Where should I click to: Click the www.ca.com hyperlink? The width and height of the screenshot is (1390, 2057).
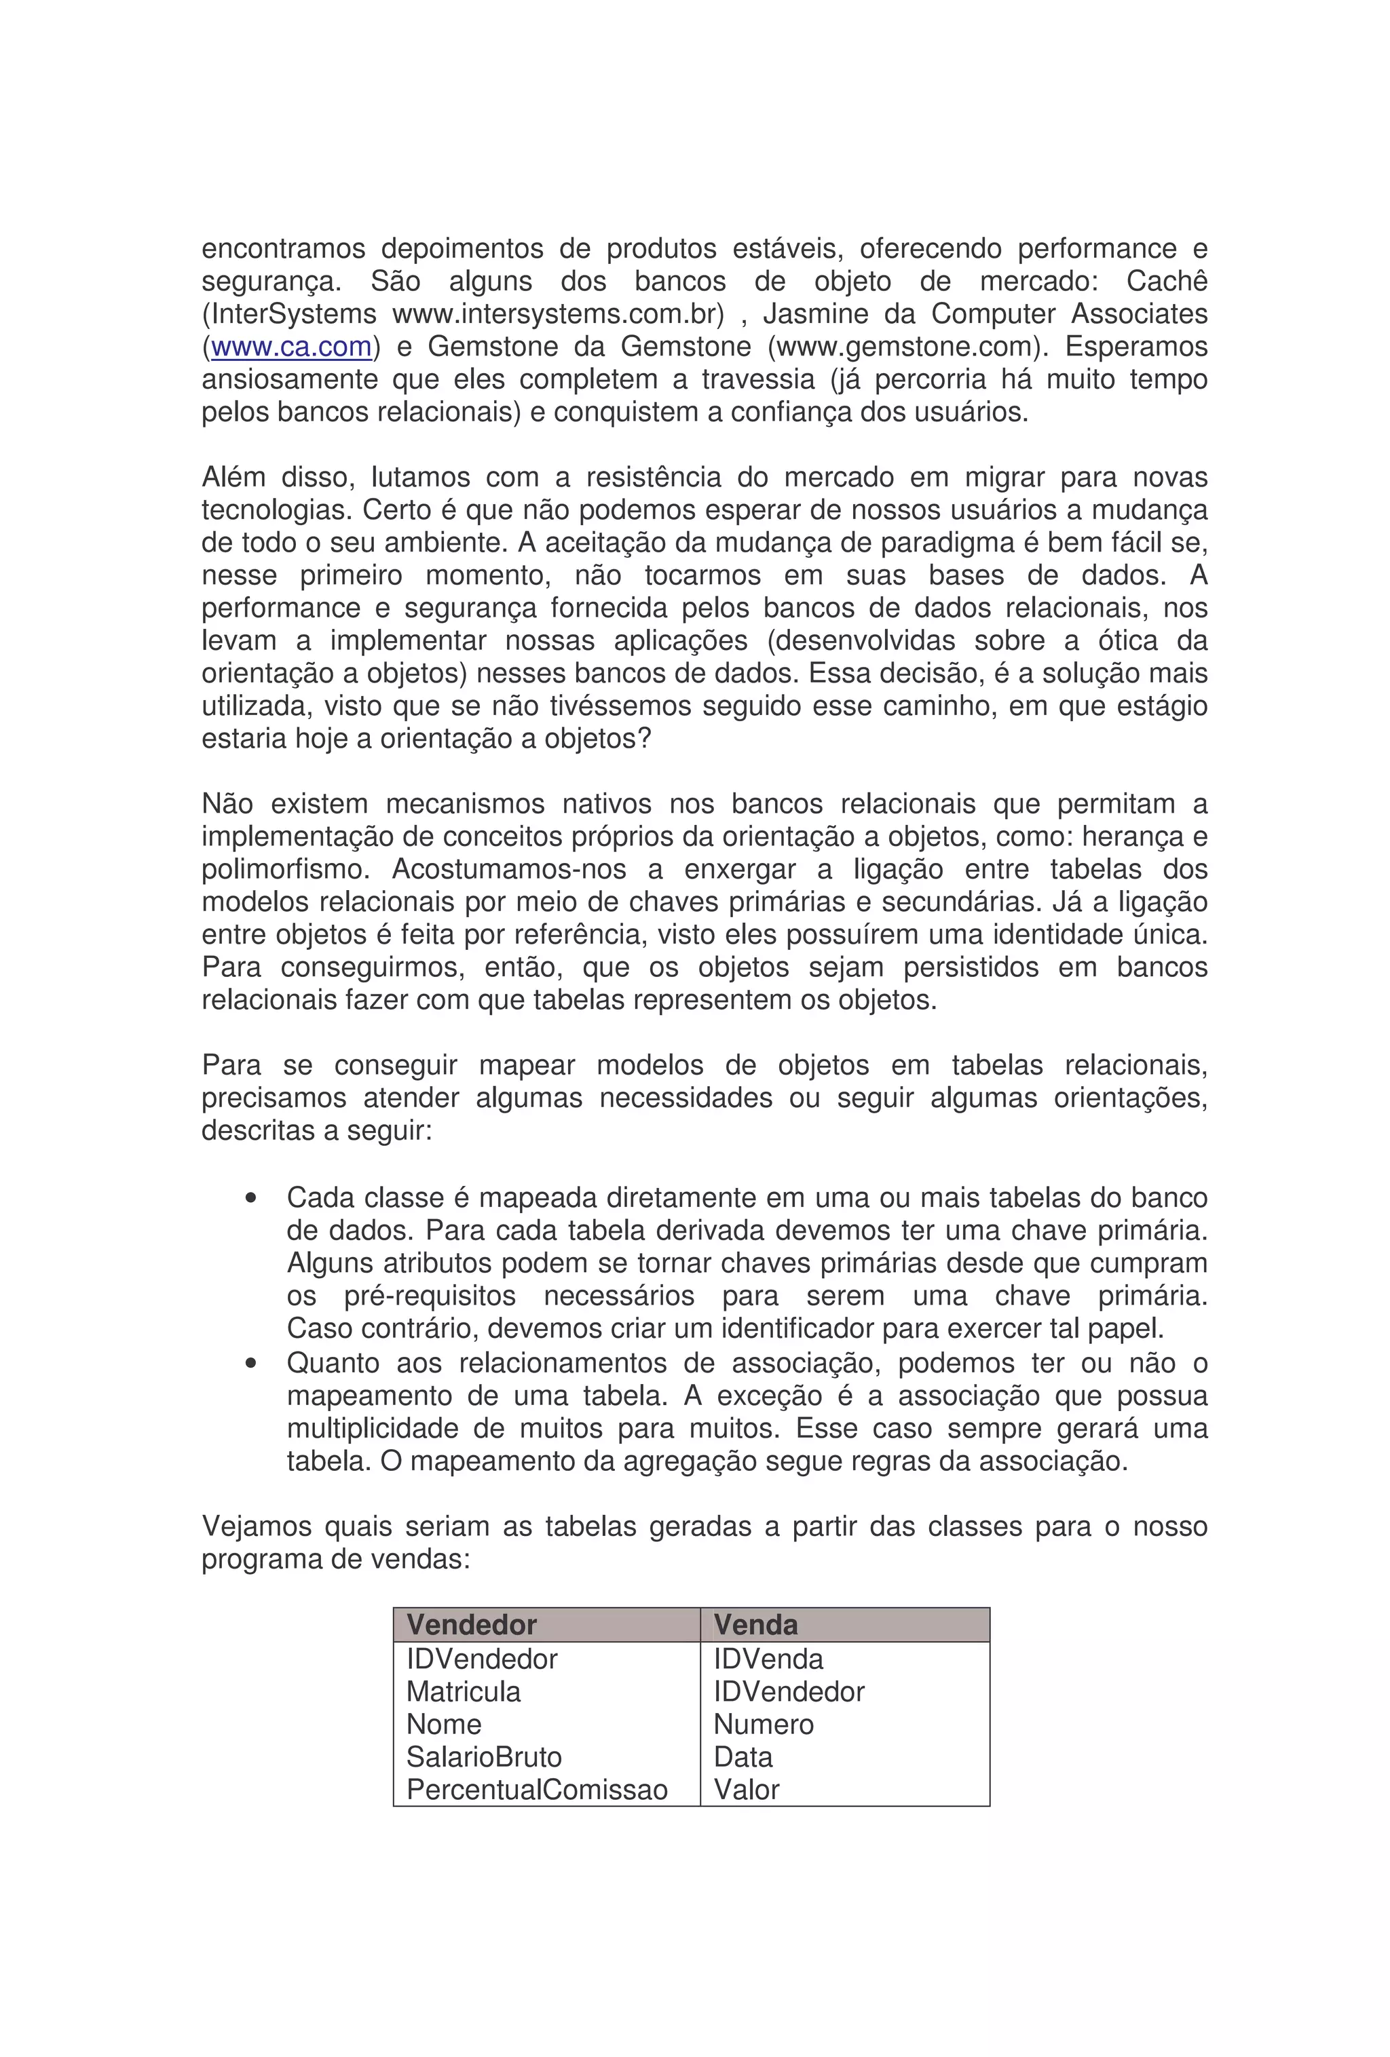290,346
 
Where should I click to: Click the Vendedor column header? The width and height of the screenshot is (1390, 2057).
471,1624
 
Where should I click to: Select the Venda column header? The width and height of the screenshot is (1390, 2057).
755,1624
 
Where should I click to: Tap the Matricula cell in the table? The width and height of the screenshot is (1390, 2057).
463,1691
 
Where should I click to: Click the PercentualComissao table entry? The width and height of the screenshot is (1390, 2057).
537,1789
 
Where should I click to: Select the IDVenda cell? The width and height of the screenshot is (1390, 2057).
768,1658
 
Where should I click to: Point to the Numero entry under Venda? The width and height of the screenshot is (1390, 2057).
763,1723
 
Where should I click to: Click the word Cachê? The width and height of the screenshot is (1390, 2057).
1166,281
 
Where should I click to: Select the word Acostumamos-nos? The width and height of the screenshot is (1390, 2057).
508,869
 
